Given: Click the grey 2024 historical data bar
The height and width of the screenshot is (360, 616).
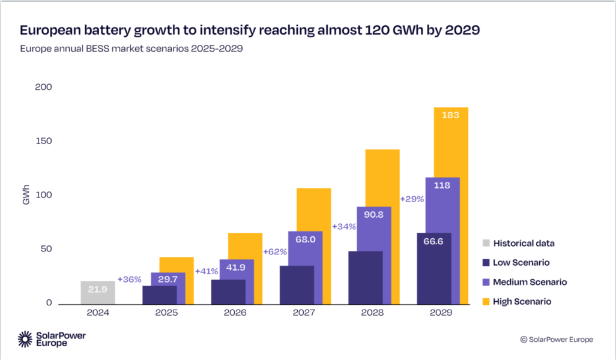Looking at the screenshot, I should click(98, 292).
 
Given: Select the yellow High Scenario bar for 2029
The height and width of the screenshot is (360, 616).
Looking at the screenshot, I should click(451, 144).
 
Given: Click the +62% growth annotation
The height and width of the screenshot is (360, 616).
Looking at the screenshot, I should click(275, 252).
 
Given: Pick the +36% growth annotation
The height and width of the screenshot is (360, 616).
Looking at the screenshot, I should click(129, 280).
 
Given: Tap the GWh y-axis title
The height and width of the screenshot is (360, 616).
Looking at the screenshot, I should click(26, 196).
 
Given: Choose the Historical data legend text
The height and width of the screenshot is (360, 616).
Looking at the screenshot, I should click(524, 244).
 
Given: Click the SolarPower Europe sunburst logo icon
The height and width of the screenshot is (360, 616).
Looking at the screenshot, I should click(26, 339).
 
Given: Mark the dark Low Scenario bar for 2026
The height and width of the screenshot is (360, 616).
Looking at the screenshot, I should click(228, 292).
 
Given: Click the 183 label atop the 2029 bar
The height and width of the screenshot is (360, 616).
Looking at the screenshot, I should click(451, 115).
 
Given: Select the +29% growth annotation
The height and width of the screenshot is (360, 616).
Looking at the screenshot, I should click(412, 199).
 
